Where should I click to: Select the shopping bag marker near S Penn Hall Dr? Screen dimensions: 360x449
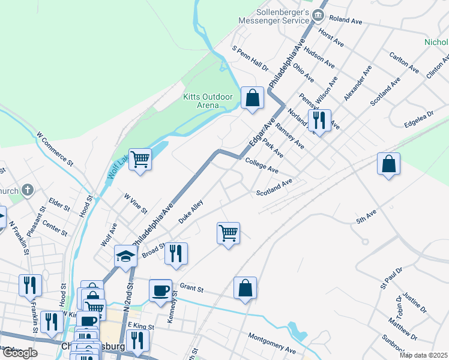pyautogui.click(x=253, y=98)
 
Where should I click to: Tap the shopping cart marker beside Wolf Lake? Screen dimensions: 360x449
pyautogui.click(x=140, y=160)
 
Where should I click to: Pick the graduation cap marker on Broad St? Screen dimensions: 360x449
pyautogui.click(x=126, y=256)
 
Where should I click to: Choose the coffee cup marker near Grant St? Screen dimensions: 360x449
pyautogui.click(x=160, y=290)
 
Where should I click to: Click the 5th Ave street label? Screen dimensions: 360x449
pyautogui.click(x=366, y=217)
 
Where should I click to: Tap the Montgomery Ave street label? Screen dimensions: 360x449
pyautogui.click(x=272, y=342)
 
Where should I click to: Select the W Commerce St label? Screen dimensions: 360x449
pyautogui.click(x=55, y=149)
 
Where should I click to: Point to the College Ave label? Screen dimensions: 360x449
pyautogui.click(x=262, y=165)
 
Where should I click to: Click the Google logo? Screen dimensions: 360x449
pyautogui.click(x=20, y=353)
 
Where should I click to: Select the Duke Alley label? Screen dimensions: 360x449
pyautogui.click(x=191, y=212)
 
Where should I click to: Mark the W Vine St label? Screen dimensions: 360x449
pyautogui.click(x=136, y=203)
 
